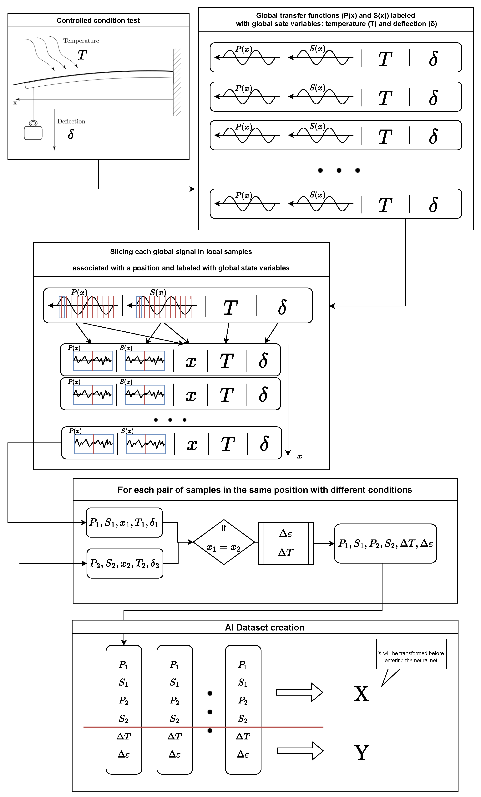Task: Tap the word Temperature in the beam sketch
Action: [x=81, y=41]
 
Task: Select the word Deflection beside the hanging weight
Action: [x=71, y=121]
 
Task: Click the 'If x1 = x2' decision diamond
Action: [x=224, y=542]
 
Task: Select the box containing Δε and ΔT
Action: [x=286, y=543]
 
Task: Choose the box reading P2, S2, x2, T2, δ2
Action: [x=125, y=564]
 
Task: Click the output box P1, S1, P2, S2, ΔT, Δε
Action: [x=385, y=543]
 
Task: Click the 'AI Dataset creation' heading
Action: [x=264, y=627]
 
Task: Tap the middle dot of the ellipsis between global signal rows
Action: [x=339, y=170]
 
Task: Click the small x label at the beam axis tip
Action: [x=15, y=103]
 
